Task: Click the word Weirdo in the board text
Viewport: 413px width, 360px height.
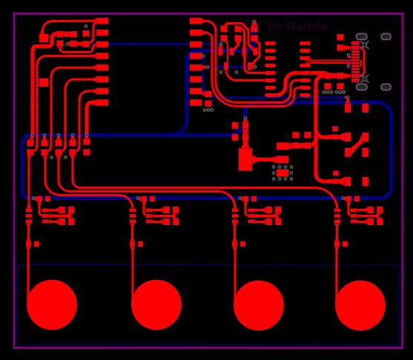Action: (x=306, y=27)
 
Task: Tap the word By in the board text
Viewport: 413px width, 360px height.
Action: (x=275, y=27)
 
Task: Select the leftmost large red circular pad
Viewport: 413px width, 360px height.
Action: (x=52, y=304)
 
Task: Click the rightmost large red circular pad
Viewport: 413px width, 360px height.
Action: (x=360, y=305)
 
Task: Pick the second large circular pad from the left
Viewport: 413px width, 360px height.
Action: (x=156, y=304)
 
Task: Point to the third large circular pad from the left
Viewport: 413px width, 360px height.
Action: (x=259, y=305)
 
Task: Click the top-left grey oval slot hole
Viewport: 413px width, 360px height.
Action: (x=361, y=36)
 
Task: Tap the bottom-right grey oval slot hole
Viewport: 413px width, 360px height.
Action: (x=386, y=87)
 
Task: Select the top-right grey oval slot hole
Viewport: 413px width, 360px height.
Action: (x=386, y=36)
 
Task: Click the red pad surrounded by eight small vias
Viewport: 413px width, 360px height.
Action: (x=283, y=173)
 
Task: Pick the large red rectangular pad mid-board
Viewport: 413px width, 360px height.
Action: (x=245, y=159)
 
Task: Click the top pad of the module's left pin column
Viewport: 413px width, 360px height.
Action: (x=102, y=21)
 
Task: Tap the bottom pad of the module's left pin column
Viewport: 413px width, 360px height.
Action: (x=102, y=103)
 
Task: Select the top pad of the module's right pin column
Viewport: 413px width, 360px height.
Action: (x=196, y=21)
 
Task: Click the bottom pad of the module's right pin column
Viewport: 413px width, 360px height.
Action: (x=196, y=103)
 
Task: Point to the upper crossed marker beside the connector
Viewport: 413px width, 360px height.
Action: (x=365, y=45)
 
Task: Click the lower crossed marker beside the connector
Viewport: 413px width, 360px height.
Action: (x=365, y=79)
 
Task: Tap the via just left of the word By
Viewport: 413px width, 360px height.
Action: (x=254, y=22)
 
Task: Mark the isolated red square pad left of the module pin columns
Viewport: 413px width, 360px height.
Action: (x=44, y=82)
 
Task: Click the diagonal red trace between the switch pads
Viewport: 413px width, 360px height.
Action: (x=357, y=145)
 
